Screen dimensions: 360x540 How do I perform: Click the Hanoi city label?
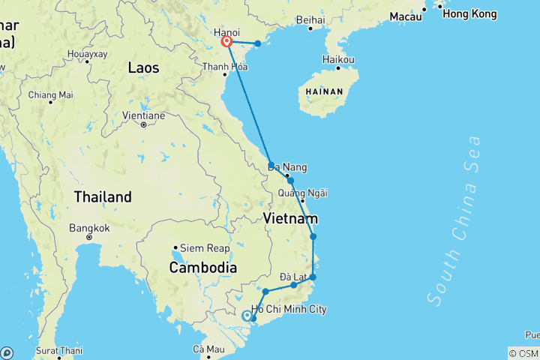click(x=226, y=32)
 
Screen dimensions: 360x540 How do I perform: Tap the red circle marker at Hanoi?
click(x=226, y=43)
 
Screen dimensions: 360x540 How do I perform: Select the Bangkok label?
click(x=89, y=228)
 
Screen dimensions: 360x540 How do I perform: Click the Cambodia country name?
click(x=203, y=268)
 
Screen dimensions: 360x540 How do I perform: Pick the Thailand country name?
click(x=103, y=197)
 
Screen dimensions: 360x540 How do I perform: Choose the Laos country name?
click(x=143, y=67)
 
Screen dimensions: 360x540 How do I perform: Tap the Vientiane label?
click(x=143, y=115)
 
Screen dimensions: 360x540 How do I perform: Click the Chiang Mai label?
click(x=51, y=94)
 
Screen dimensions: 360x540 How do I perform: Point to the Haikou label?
click(x=338, y=59)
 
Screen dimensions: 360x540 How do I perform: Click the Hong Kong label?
click(x=469, y=14)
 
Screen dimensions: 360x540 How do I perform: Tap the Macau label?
click(x=406, y=16)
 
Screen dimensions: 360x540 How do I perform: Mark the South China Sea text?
click(x=454, y=219)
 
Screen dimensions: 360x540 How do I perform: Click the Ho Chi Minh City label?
click(x=289, y=310)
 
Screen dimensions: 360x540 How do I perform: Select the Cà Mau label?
click(x=209, y=349)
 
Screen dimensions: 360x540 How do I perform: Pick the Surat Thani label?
click(x=59, y=350)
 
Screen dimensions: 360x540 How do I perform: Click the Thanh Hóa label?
click(x=225, y=66)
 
